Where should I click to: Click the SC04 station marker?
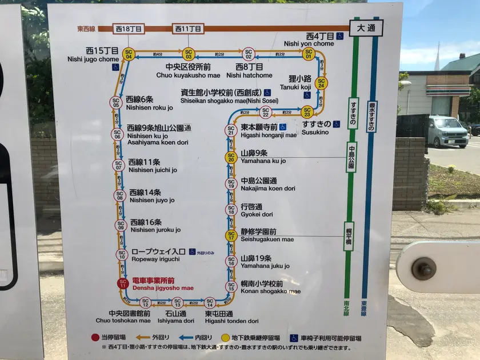[x=129, y=55]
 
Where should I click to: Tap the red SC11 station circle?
[x=122, y=283]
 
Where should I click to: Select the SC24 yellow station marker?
[x=321, y=83]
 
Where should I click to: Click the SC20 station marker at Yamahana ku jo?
[x=231, y=157]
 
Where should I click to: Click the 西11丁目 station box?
[x=188, y=28]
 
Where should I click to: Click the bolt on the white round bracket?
[x=424, y=268]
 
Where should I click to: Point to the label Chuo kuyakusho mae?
[x=189, y=75]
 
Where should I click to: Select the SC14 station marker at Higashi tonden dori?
[x=210, y=302]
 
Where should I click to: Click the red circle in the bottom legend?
[x=95, y=338]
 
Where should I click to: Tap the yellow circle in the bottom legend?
[x=226, y=338]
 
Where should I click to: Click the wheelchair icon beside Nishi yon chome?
[x=339, y=36]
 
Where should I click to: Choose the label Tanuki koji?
[x=298, y=87]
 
